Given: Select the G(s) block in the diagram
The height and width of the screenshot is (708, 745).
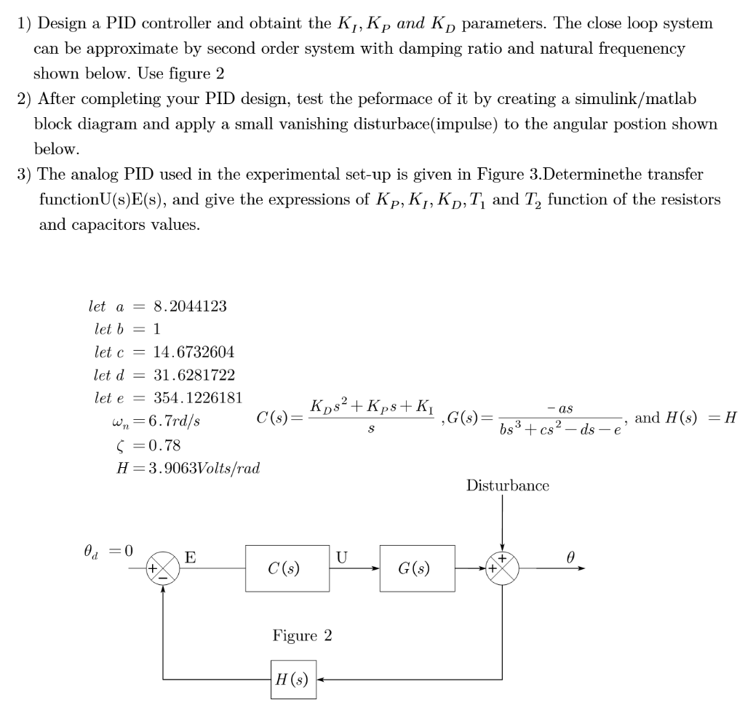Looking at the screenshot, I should click(x=417, y=568).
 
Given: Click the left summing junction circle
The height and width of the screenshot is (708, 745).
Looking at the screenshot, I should click(x=163, y=568).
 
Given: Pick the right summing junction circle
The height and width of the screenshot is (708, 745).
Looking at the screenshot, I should click(x=503, y=568).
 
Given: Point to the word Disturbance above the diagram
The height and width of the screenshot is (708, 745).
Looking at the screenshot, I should click(x=508, y=485).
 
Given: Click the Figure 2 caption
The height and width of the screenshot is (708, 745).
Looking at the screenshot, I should click(x=303, y=635).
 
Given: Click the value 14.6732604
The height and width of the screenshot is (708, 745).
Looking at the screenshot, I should click(x=194, y=352).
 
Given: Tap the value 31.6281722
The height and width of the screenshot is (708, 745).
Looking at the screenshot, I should click(x=194, y=375).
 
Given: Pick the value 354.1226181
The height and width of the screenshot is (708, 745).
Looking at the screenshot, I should click(x=198, y=399).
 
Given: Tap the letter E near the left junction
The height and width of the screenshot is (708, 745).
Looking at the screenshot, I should click(x=190, y=558).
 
